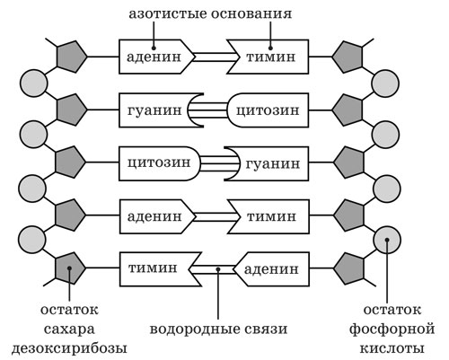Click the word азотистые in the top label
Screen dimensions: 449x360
[x=168, y=13]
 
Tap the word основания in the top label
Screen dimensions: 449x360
[x=251, y=13]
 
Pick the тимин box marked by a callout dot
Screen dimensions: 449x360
[x=268, y=57]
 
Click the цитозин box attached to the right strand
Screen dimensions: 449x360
[x=268, y=110]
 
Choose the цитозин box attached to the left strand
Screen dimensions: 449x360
[x=159, y=163]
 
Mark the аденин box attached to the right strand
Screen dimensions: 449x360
[x=272, y=269]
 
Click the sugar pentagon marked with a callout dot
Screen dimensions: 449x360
[x=70, y=268]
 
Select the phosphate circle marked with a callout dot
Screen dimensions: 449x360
[x=387, y=240]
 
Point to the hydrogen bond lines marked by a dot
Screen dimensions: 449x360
[x=213, y=269]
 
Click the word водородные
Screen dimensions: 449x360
[x=194, y=329]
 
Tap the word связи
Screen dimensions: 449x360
[x=265, y=329]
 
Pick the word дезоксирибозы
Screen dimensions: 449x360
[x=69, y=348]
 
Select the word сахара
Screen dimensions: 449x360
[x=69, y=329]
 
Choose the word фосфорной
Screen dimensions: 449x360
[x=392, y=329]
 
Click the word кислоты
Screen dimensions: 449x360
[x=392, y=348]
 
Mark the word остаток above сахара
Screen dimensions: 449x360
[x=69, y=310]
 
